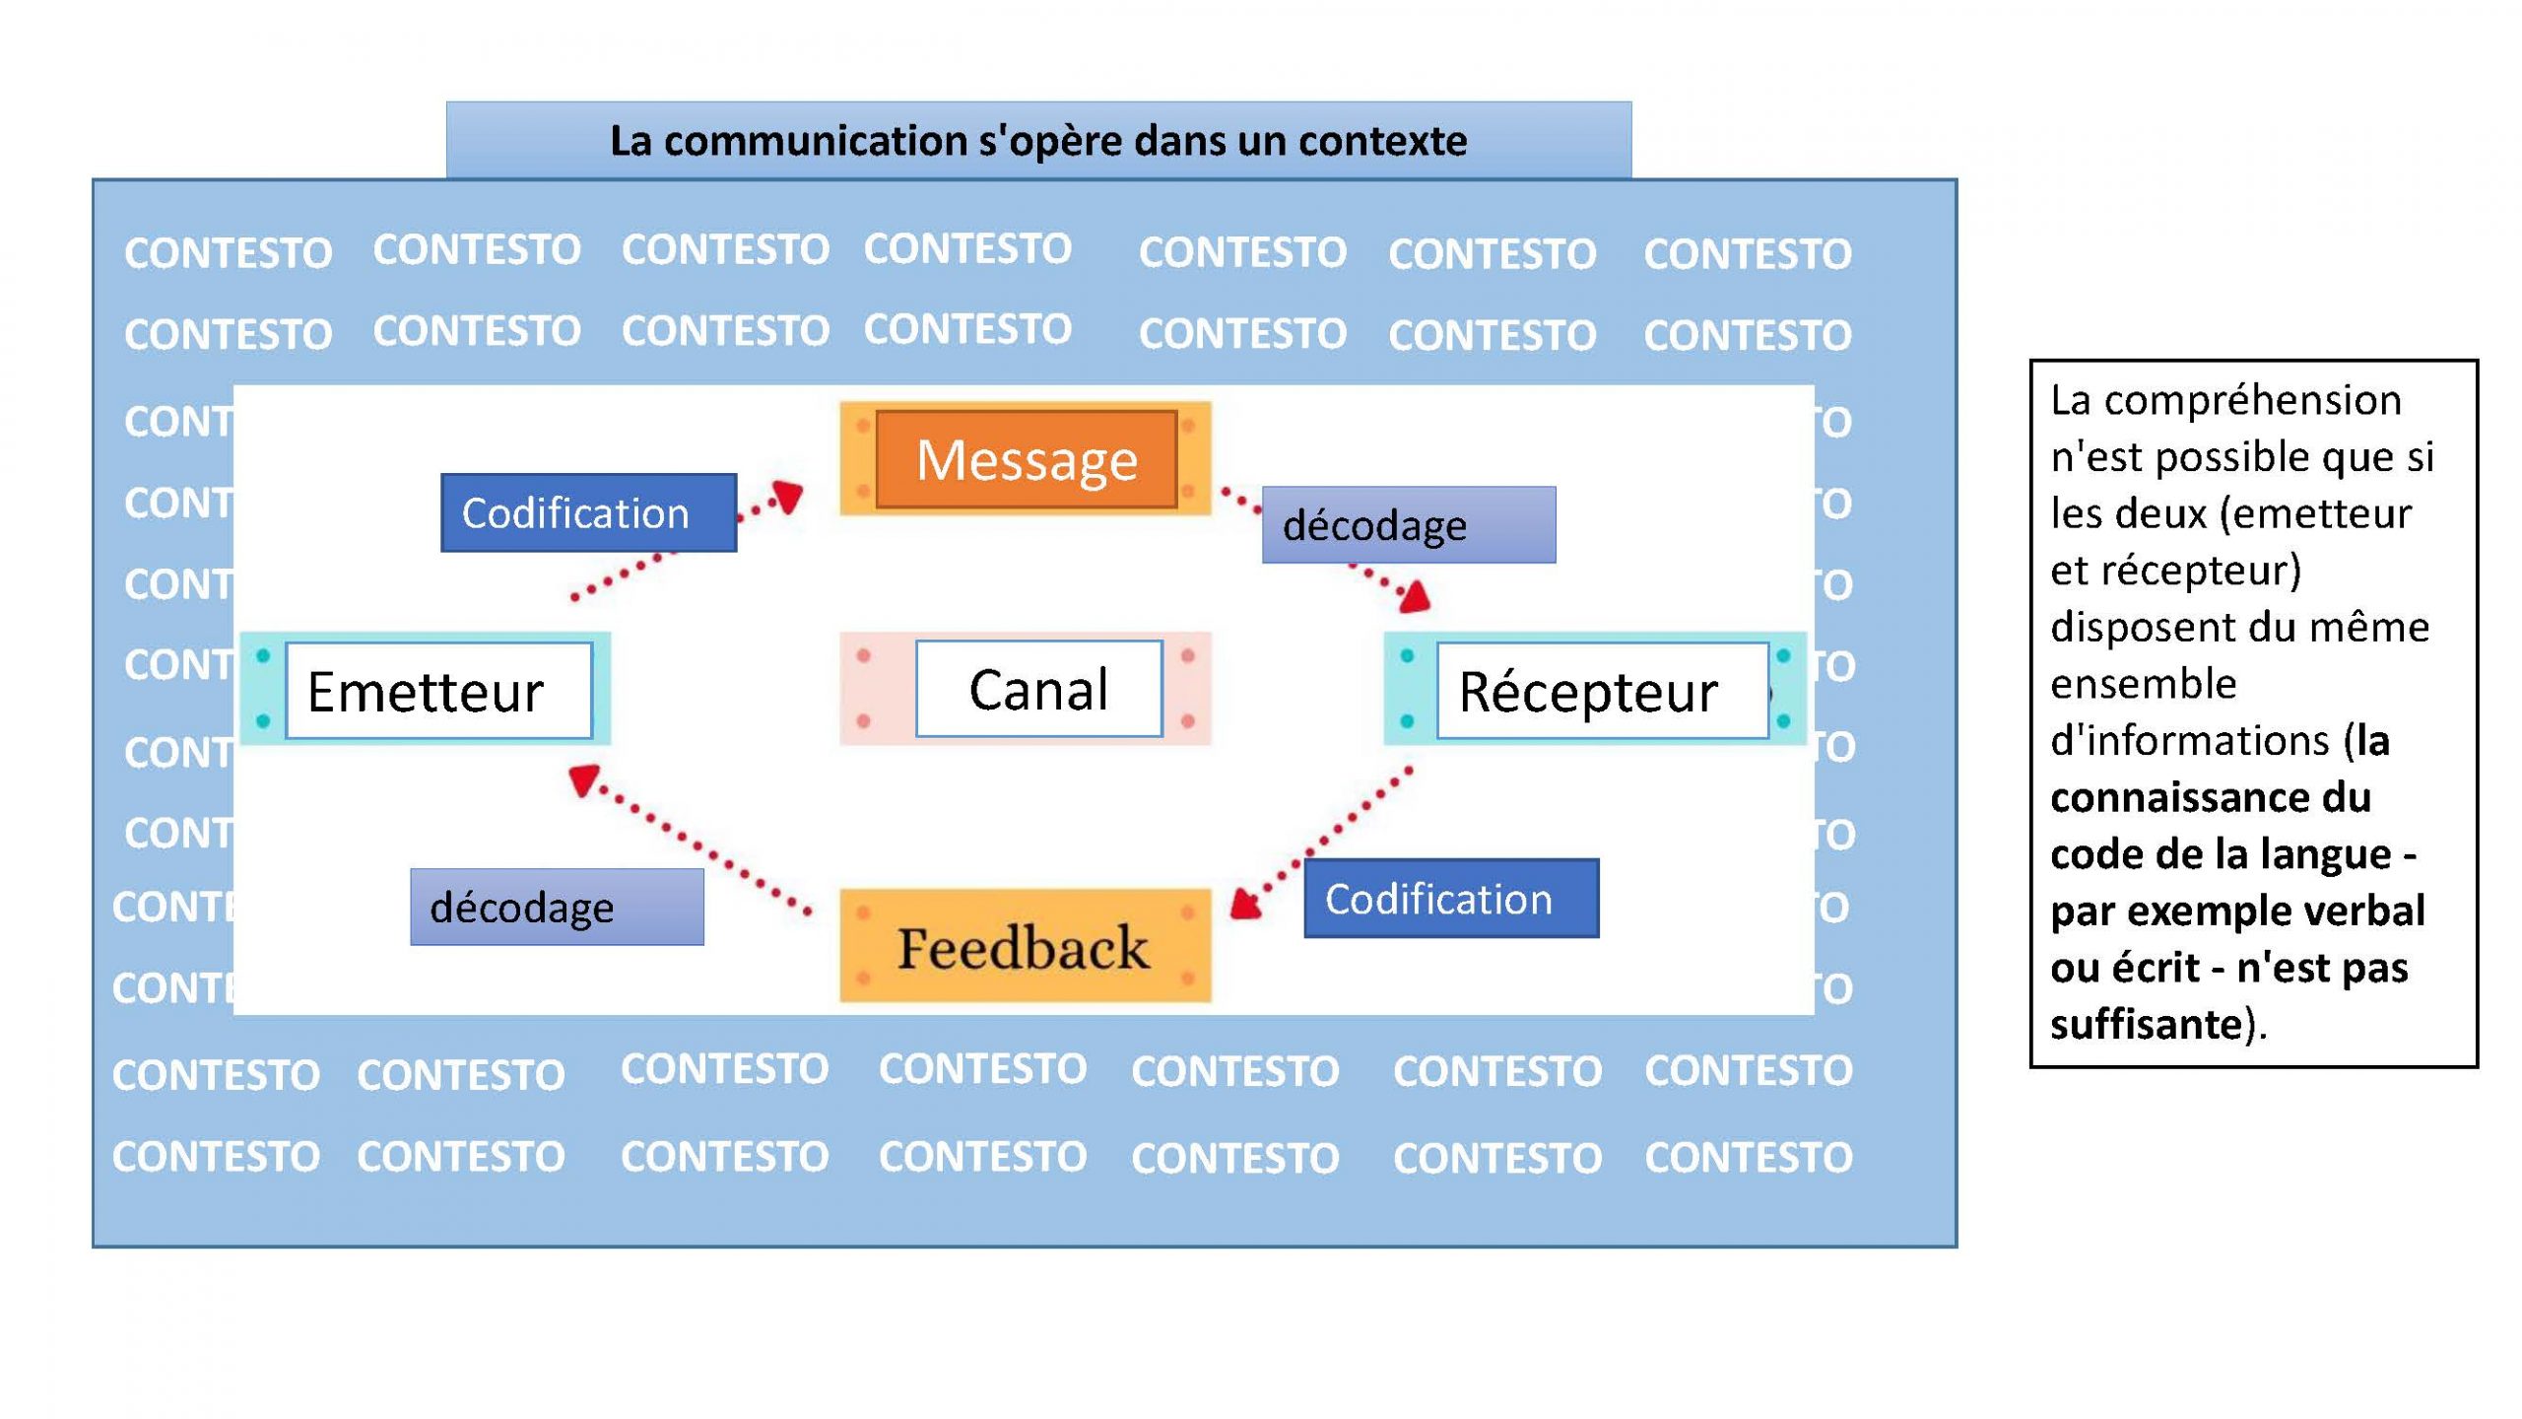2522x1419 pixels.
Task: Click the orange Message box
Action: point(1026,459)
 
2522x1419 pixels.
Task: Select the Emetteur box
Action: point(426,689)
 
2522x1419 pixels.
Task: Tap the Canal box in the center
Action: point(1026,689)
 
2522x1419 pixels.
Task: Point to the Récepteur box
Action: point(1595,689)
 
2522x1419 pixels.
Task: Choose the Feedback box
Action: point(1026,946)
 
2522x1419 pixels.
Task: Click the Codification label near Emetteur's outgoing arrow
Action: point(588,512)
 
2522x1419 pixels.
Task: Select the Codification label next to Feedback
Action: point(1451,898)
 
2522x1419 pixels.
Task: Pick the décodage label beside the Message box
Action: point(1409,524)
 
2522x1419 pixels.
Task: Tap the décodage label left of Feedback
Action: point(557,907)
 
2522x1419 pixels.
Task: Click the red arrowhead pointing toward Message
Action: point(789,496)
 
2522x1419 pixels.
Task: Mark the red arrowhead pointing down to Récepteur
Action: point(1415,597)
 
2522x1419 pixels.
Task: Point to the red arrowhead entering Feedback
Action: point(1247,904)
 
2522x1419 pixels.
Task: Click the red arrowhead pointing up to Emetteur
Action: point(583,779)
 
